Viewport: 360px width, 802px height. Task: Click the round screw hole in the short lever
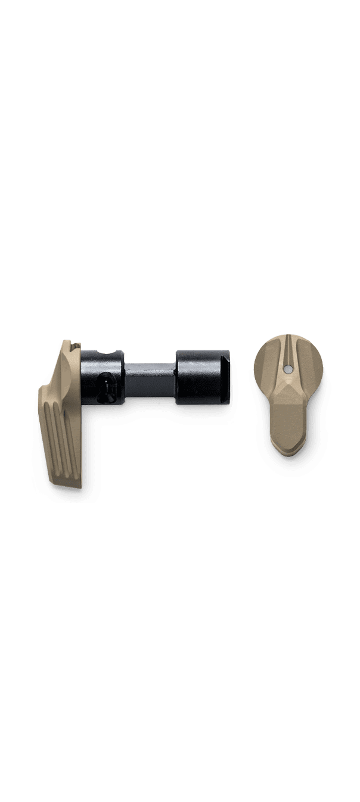click(x=288, y=370)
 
